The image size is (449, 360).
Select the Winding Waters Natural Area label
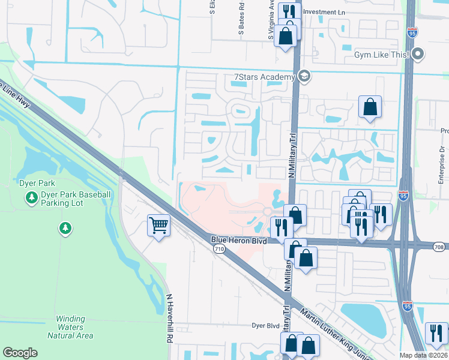point(74,327)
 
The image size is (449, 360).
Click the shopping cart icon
point(158,226)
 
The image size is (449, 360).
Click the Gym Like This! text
point(381,55)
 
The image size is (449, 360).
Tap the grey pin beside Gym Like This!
point(419,55)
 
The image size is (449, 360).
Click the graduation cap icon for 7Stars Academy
point(304,76)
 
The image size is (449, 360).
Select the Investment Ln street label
point(327,11)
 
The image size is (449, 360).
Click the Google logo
point(20,353)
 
